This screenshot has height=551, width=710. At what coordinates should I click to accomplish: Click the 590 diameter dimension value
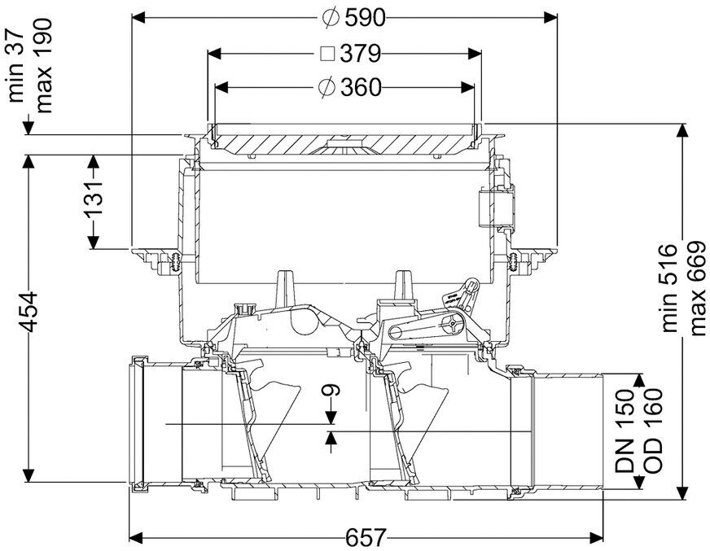(x=359, y=16)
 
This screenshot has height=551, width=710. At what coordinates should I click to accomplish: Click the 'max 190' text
(x=44, y=65)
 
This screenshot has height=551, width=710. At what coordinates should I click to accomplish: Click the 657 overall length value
(x=365, y=538)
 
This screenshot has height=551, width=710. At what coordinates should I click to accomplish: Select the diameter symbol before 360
(x=323, y=87)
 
